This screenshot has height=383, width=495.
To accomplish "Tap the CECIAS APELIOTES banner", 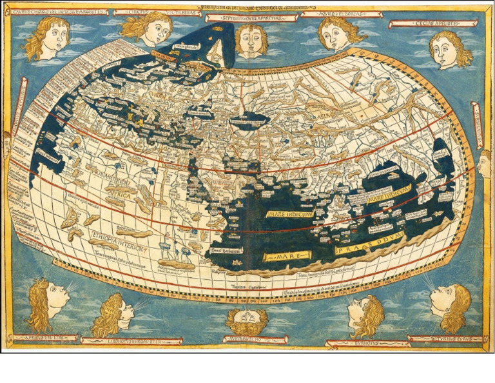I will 432,23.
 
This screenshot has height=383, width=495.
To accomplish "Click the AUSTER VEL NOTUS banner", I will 255,339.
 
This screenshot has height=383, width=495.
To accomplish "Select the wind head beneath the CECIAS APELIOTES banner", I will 450,49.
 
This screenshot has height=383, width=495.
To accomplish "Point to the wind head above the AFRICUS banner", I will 46,304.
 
